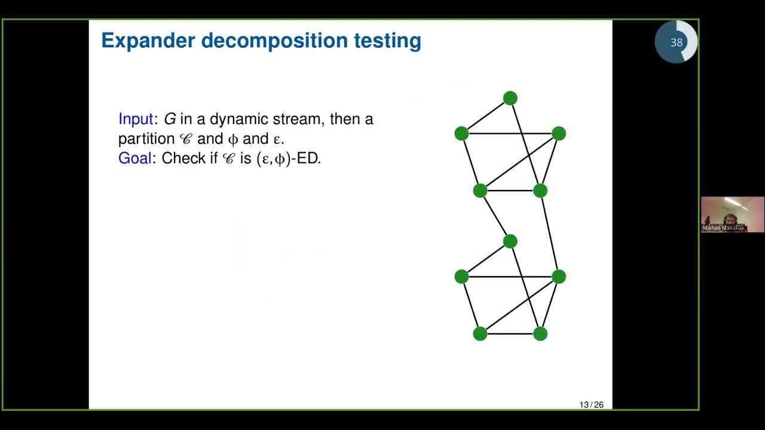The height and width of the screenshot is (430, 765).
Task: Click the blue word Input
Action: click(x=136, y=119)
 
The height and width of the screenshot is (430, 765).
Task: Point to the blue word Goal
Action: click(x=134, y=158)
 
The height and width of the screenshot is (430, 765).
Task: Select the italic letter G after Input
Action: click(x=170, y=119)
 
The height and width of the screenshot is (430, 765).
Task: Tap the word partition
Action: click(x=146, y=139)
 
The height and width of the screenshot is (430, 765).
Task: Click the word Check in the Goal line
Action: click(x=183, y=158)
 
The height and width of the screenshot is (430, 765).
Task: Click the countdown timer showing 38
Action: click(x=676, y=42)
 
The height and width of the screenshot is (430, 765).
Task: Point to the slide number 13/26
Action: click(x=591, y=405)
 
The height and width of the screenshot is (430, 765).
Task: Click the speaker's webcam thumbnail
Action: click(x=732, y=214)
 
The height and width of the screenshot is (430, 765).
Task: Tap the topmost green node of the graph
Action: click(x=510, y=98)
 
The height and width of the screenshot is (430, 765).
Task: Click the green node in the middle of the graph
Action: click(x=510, y=241)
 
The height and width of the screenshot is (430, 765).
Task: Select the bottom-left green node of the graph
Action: click(x=480, y=334)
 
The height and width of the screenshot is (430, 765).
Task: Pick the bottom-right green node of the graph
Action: click(x=540, y=334)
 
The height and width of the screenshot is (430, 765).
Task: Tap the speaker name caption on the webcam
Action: click(x=724, y=228)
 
